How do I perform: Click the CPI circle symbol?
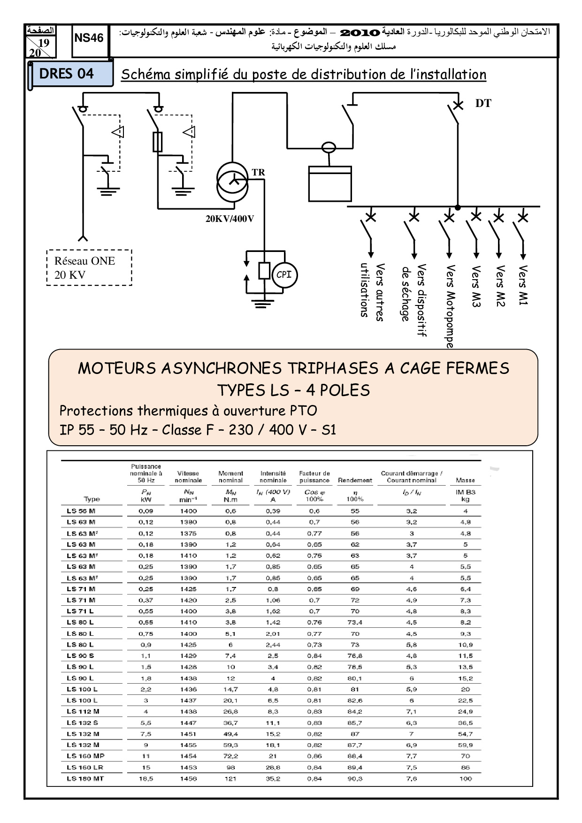[x=284, y=275]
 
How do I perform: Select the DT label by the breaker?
[x=483, y=104]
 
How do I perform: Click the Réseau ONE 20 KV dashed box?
[x=89, y=267]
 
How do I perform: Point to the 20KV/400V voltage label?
[x=230, y=219]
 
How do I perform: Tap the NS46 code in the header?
[x=89, y=38]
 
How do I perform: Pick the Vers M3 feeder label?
[x=476, y=286]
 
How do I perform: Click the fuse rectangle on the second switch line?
[x=158, y=142]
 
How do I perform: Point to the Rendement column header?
[x=355, y=480]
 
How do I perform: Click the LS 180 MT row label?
[x=85, y=778]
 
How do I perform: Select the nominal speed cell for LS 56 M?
[x=188, y=511]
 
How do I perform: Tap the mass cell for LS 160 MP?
[x=465, y=756]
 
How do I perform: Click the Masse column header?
[x=465, y=480]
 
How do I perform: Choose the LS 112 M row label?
[x=83, y=711]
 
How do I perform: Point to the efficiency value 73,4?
[x=355, y=622]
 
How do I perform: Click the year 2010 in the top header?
[x=360, y=32]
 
